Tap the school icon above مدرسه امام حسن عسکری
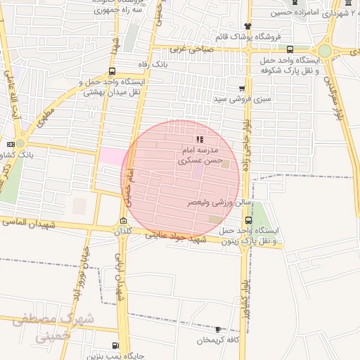tap(200, 139)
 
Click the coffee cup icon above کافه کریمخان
tap(218, 329)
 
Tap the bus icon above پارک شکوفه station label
tap(290, 49)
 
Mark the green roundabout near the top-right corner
tap(325, 51)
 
